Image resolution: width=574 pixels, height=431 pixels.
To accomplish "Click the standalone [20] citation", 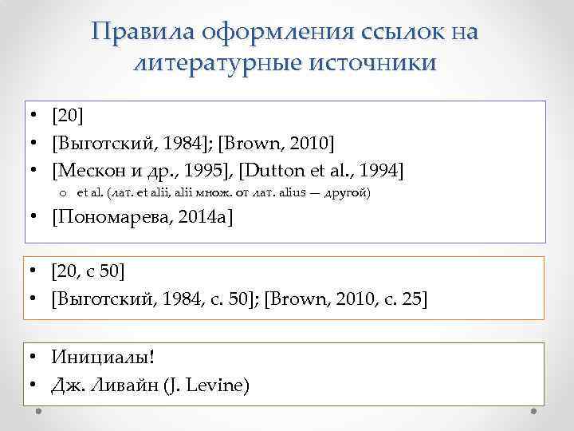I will click(66, 117).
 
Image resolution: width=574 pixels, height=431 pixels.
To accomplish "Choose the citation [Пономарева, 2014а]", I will click(143, 219).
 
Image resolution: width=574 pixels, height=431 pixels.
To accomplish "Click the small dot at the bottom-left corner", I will click(38, 412).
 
